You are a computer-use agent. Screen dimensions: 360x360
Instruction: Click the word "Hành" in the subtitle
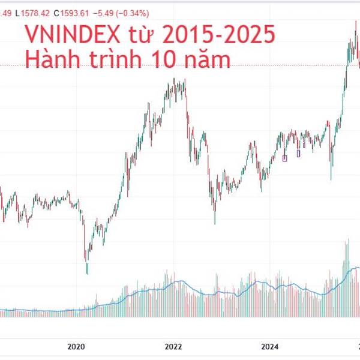point(53,58)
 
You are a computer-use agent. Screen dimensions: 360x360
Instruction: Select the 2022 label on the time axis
point(173,346)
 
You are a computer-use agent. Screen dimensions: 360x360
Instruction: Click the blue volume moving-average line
point(180,282)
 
